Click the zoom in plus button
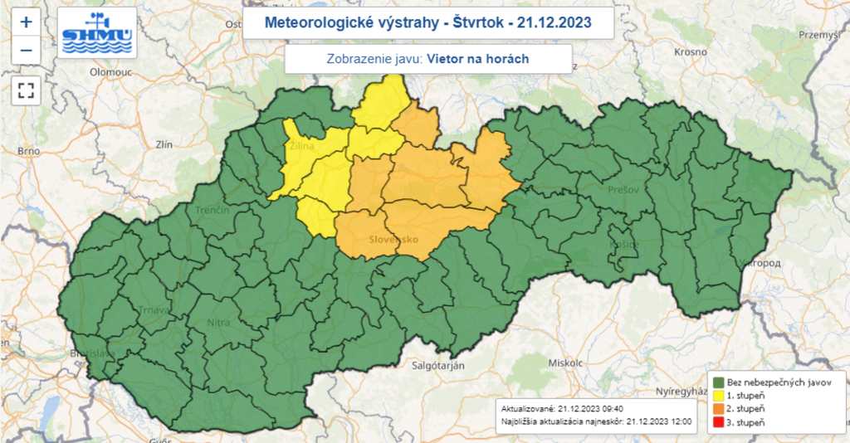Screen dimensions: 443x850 (x=26, y=22)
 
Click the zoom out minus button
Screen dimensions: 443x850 (x=26, y=51)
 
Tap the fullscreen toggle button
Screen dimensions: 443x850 (x=26, y=90)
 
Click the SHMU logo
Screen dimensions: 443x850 (x=96, y=36)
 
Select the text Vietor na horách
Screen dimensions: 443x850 (x=479, y=59)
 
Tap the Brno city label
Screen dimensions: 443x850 (x=29, y=152)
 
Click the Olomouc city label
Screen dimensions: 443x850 (x=111, y=72)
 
